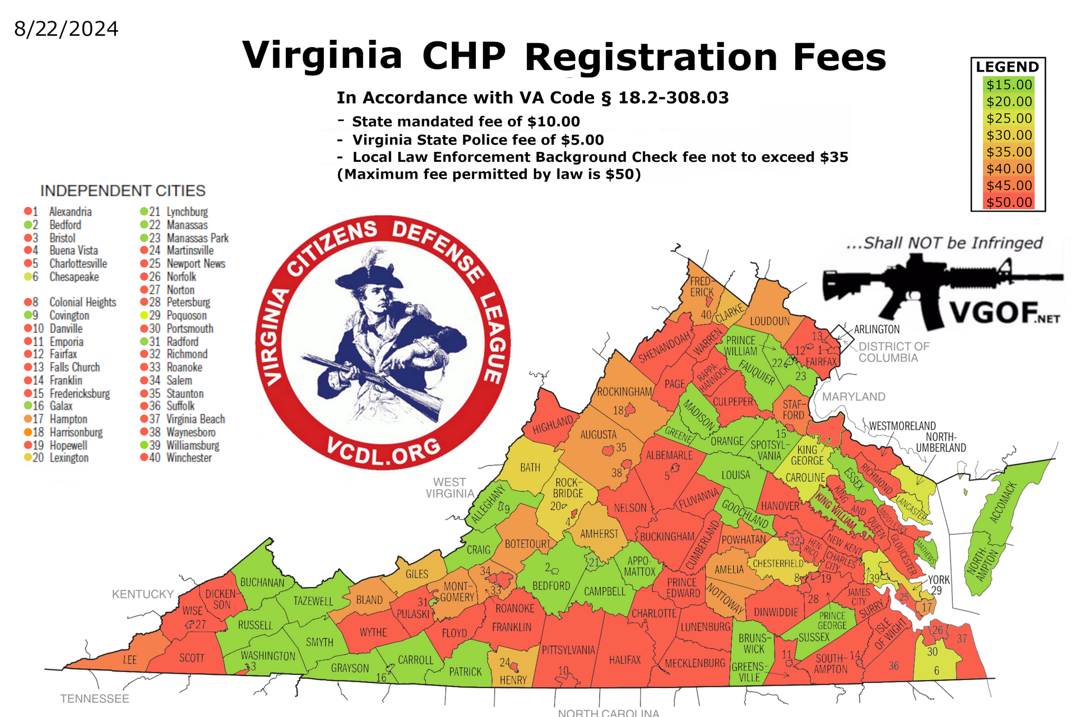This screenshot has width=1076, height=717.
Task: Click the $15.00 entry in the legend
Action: pos(1009,85)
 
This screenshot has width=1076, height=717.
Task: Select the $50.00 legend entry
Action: pos(1009,202)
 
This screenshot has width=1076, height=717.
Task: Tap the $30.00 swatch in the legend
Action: pos(1009,135)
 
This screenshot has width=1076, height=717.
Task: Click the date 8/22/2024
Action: pos(66,29)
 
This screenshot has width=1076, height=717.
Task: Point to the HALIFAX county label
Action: pos(624,660)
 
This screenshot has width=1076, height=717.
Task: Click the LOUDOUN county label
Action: pos(769,321)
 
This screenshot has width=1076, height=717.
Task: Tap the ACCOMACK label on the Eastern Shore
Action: pos(1003,502)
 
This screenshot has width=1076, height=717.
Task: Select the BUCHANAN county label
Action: pos(262,583)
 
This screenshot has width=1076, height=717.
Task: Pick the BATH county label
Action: pos(530,467)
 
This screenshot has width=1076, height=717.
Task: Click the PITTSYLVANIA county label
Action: pos(568,650)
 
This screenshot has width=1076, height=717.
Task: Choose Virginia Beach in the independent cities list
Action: pos(196,419)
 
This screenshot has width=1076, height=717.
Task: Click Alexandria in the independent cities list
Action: pos(70,212)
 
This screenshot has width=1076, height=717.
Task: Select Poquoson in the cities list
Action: pos(187,315)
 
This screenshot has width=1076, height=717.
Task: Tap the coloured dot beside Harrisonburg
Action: pos(27,432)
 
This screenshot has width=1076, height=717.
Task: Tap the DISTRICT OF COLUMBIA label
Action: pos(893,352)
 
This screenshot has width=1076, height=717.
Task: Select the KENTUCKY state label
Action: pos(142,594)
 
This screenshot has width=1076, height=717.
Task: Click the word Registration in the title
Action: pos(651,57)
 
